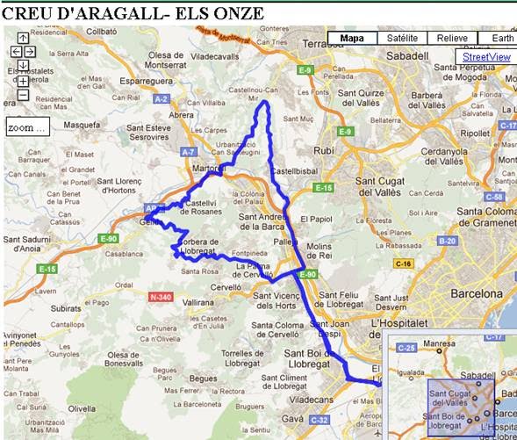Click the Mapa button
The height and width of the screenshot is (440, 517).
pos(352,39)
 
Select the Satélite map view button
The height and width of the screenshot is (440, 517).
pos(402,39)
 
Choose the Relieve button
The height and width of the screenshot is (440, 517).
pos(452,39)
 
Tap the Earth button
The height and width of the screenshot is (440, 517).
pos(503,39)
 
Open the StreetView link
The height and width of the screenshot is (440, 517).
pos(486,57)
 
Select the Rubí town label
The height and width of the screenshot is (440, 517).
pos(324,150)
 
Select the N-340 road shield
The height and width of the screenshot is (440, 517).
pos(161,297)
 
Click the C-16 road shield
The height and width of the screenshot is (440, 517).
pos(404,263)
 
